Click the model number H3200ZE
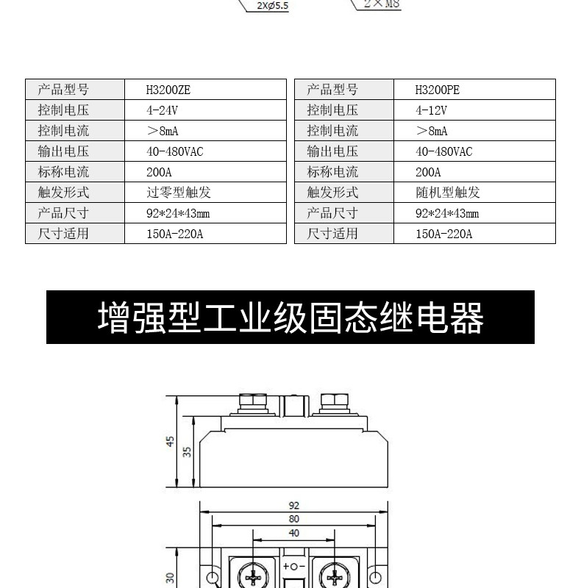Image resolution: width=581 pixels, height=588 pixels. click(168, 90)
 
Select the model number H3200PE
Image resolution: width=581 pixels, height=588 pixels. click(438, 90)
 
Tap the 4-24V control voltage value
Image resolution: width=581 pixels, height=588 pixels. click(162, 110)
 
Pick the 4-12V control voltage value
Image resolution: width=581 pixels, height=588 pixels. click(431, 110)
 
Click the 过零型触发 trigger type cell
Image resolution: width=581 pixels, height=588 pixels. click(179, 193)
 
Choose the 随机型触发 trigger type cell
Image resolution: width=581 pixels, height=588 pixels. click(448, 193)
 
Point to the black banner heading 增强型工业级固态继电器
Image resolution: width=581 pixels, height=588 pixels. click(290, 318)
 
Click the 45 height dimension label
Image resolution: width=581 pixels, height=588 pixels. click(171, 442)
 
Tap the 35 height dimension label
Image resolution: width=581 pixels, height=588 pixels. click(187, 452)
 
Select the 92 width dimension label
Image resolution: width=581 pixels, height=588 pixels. click(294, 506)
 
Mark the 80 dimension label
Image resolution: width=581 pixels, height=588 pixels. click(294, 519)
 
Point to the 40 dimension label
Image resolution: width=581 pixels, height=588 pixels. click(294, 533)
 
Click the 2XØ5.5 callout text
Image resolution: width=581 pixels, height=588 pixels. click(273, 6)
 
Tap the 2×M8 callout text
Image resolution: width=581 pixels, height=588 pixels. click(382, 4)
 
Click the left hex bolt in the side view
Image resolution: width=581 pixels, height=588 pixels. click(253, 404)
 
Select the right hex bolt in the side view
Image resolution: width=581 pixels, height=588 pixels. click(335, 404)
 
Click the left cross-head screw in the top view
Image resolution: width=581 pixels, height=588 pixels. click(253, 577)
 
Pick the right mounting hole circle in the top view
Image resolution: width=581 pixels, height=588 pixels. click(375, 578)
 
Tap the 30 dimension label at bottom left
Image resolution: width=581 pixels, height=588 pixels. click(170, 578)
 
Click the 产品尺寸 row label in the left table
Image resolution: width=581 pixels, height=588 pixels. click(63, 213)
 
